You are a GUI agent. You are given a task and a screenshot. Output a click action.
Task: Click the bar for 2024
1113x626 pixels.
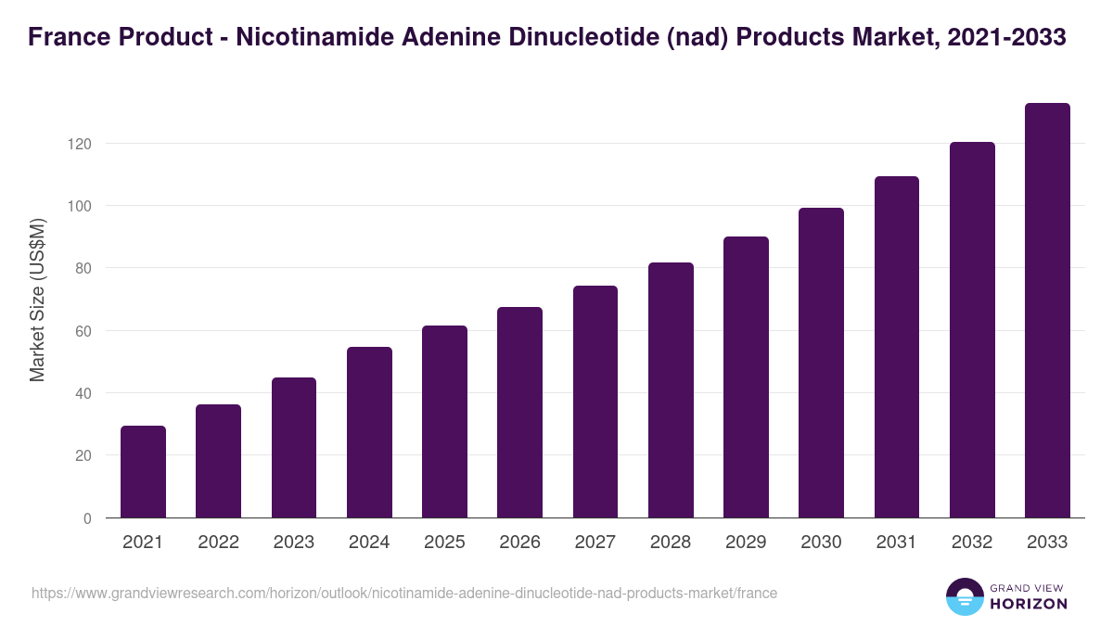pos(369,432)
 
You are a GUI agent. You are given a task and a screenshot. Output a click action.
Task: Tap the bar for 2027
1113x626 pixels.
pos(595,402)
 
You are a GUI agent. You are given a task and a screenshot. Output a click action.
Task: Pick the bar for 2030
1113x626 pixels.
pos(822,363)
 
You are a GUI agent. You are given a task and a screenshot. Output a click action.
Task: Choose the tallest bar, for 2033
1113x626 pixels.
pos(1047,311)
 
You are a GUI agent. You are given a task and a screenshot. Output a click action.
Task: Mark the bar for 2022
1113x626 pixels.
pos(218,461)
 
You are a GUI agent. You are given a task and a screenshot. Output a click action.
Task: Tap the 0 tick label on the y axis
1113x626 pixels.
pos(87,518)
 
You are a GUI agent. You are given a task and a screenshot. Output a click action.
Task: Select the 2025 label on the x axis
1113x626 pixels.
pos(444,543)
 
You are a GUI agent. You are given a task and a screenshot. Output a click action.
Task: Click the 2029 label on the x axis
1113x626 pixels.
pos(746,543)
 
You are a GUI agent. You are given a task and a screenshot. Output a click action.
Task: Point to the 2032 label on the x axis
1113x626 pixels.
pos(972,543)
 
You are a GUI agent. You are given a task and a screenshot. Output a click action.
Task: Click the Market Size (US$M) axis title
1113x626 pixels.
pos(37,299)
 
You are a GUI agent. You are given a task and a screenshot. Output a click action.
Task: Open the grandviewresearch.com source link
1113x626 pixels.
pos(404,593)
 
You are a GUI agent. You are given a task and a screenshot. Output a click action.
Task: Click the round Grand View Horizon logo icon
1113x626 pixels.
pos(965,596)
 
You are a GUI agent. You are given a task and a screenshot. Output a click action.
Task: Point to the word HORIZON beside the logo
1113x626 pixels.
pos(1030,604)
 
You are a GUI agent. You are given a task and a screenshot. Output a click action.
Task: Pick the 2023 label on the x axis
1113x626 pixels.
pos(294,543)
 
